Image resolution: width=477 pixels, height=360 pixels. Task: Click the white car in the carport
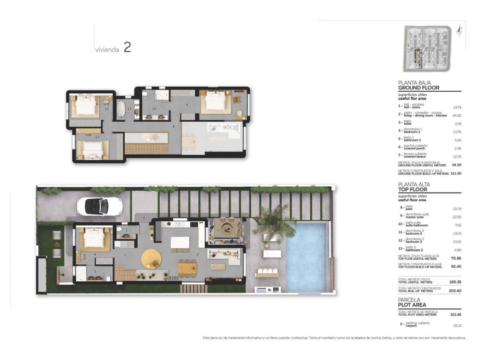coord(100,206)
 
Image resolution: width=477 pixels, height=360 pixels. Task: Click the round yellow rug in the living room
coord(151,258)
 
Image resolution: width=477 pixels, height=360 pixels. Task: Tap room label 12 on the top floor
coord(97,136)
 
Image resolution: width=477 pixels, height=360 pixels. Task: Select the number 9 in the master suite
coord(187,105)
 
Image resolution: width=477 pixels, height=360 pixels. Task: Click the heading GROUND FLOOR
coord(418,88)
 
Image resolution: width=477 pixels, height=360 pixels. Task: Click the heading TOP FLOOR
coord(413,189)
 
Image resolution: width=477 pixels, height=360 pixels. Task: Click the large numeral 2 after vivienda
coord(127,47)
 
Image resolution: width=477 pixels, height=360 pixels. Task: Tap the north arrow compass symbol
coord(460,31)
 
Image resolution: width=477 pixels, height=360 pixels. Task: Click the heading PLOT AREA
coord(412,305)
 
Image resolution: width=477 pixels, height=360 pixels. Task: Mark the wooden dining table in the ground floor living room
coord(187,267)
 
